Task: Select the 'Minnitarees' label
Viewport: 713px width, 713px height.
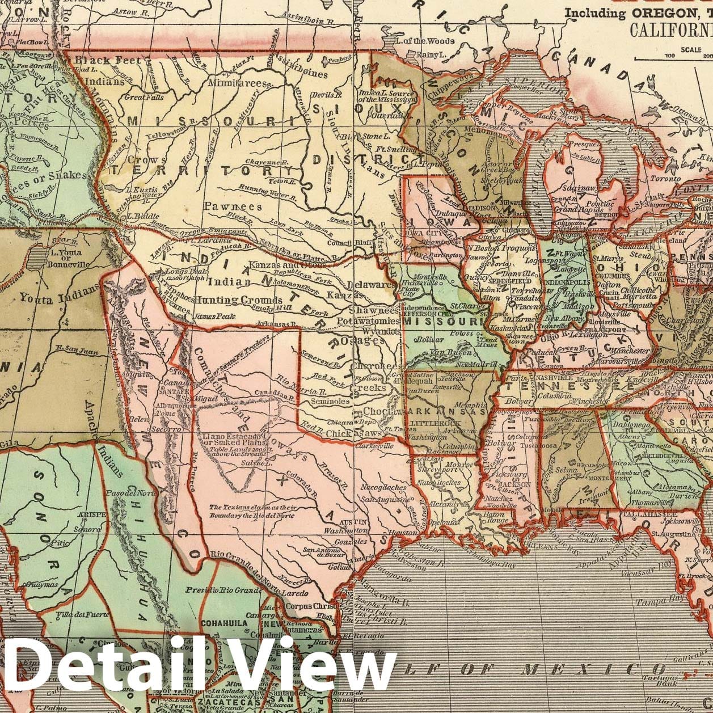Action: click(x=241, y=83)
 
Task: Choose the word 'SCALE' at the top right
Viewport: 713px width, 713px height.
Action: click(x=693, y=49)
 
